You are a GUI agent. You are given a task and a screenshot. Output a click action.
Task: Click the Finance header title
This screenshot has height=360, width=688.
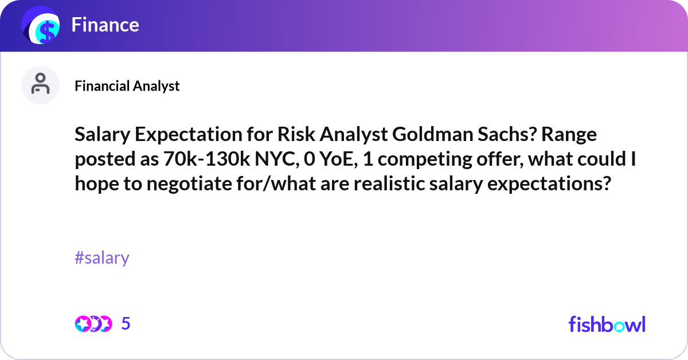pos(105,25)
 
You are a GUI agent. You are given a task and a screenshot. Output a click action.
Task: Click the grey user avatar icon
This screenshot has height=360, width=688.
pos(40,85)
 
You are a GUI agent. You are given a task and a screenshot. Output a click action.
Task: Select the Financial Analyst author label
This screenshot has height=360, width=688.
pos(127,86)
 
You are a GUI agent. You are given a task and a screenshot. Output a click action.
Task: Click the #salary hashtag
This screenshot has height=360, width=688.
pos(102,258)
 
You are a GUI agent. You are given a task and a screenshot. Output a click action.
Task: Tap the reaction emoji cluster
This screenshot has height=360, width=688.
pos(93,324)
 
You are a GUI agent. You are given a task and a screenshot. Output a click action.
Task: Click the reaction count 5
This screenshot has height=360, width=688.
pos(126,324)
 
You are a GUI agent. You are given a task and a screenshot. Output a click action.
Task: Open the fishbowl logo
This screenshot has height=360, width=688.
pos(607,324)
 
